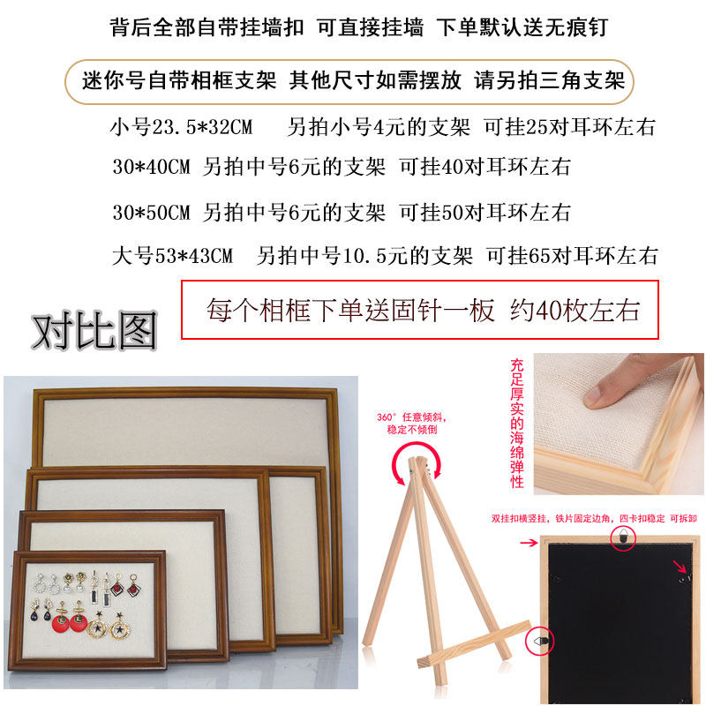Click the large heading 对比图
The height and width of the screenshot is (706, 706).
(94, 332)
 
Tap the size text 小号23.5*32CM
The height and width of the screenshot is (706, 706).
(182, 127)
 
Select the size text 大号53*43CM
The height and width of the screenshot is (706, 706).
(172, 256)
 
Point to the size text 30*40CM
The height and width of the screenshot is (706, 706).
(152, 167)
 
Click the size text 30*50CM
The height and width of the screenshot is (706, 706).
(152, 212)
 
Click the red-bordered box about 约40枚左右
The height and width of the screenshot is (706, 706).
(420, 310)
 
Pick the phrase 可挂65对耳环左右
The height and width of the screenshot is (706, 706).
(572, 256)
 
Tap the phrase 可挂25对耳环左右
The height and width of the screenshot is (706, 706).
(569, 127)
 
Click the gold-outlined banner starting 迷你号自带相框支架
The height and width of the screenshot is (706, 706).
(349, 81)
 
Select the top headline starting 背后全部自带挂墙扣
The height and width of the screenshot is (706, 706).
(358, 27)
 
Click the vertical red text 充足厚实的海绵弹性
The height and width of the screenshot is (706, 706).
(517, 424)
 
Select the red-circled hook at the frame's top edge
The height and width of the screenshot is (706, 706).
(624, 537)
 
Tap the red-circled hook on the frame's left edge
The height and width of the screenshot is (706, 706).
(539, 641)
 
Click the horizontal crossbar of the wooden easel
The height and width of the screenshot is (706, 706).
(474, 644)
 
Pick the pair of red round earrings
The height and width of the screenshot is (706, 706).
(70, 620)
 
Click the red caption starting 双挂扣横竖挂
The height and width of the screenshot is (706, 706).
(594, 518)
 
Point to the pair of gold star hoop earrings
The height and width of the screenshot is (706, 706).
(108, 625)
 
